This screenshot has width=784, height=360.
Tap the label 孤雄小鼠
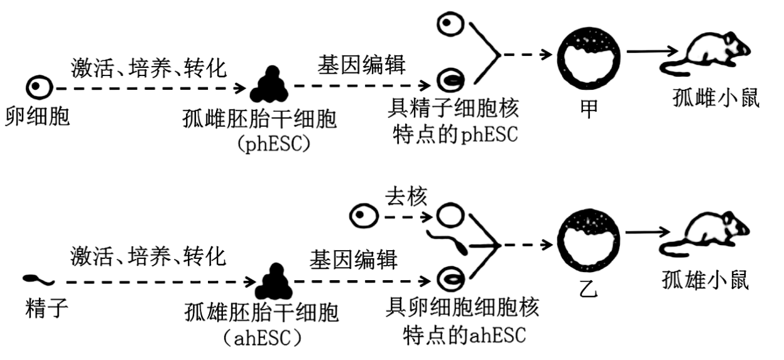tap(705, 280)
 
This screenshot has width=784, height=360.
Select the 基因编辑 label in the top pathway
tap(362, 65)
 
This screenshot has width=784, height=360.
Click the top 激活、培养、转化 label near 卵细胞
tap(148, 67)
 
